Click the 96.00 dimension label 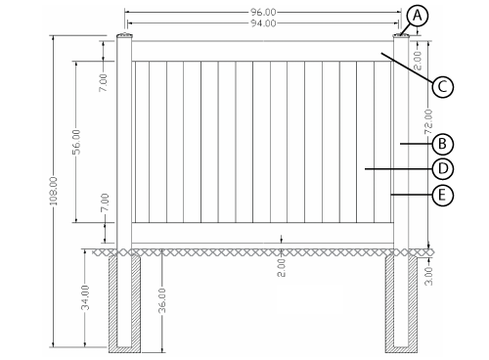point(263,13)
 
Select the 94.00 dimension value point(263,23)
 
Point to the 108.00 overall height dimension point(54,191)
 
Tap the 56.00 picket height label point(76,142)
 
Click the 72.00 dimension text point(428,122)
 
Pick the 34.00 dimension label point(85,297)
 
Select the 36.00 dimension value point(162,300)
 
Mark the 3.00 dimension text point(429,276)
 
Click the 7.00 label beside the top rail point(104,82)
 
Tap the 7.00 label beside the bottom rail point(105,202)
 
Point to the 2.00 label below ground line point(282,268)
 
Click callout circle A point(418,16)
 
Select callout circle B point(443,144)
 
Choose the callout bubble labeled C point(443,87)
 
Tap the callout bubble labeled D point(443,169)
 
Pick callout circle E point(443,196)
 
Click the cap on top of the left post point(124,35)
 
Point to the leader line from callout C point(407,67)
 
